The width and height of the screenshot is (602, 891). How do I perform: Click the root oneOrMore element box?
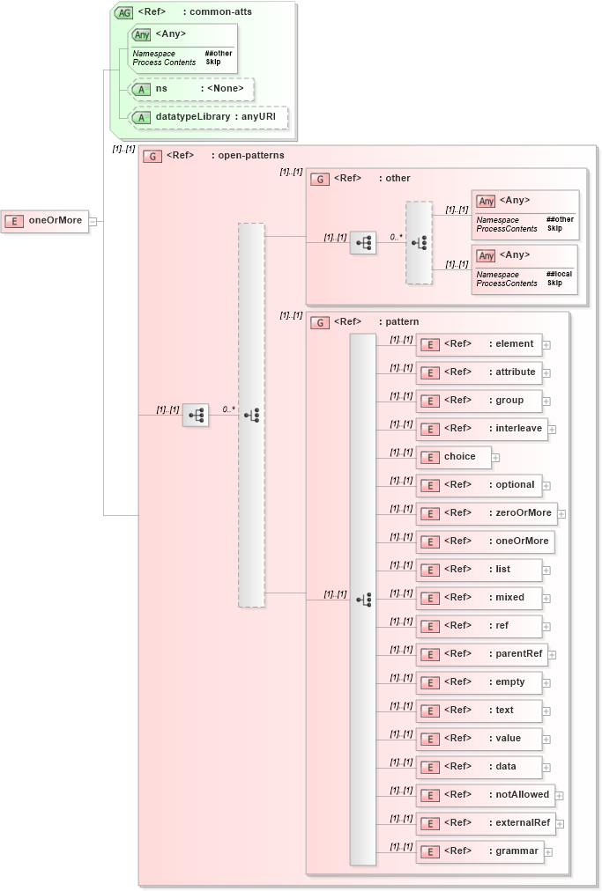coord(45,220)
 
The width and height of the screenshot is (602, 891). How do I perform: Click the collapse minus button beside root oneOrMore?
coord(93,221)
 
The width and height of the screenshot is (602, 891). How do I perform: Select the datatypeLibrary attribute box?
coord(208,117)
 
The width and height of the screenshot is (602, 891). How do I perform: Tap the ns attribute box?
coord(191,89)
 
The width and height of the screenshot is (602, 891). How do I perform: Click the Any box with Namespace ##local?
coord(524,269)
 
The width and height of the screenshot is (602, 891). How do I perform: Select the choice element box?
coord(453,457)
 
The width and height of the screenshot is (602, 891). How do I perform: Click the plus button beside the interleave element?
coord(552,430)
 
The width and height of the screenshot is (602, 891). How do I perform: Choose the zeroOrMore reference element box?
coord(486,513)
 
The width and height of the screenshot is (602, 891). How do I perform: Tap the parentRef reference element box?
coord(481,654)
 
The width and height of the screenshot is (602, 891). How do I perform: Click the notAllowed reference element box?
coord(485,795)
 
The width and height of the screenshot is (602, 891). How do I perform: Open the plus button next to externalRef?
coord(559,824)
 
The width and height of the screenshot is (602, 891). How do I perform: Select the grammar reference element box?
coord(479,851)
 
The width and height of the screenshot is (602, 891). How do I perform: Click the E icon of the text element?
coord(429,711)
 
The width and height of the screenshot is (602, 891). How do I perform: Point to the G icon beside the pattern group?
coord(321,323)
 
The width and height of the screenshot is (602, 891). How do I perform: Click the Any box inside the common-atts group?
coord(182,48)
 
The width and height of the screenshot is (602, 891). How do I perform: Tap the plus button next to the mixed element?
coord(546,599)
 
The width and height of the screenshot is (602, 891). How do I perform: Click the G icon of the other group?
coord(321,179)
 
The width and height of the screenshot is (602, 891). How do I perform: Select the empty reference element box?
coord(479,682)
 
